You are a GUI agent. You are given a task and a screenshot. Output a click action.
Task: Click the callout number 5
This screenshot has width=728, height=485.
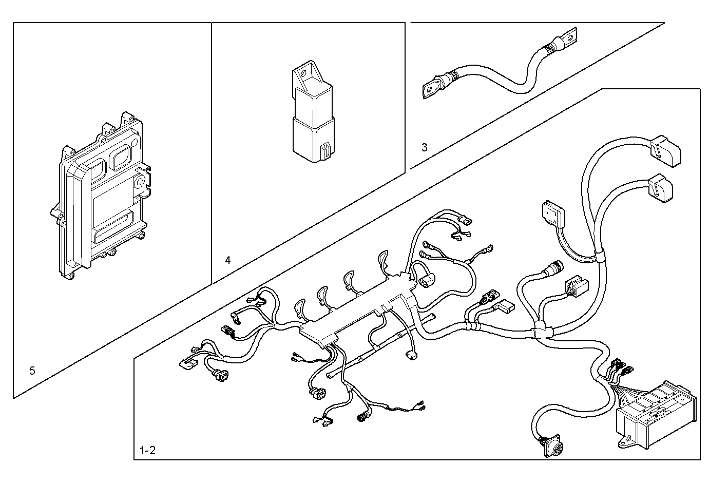32,371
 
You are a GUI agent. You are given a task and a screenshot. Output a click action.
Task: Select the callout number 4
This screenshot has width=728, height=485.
228,260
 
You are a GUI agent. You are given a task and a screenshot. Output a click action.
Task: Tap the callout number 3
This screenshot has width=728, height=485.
424,148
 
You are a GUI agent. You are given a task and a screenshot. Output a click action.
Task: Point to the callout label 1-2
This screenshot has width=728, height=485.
147,451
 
